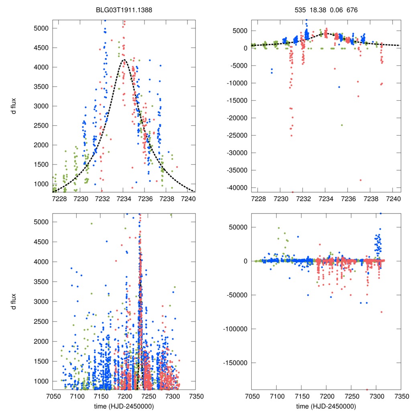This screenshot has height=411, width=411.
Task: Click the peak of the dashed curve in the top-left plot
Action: [124, 60]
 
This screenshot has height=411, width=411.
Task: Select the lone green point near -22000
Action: [342, 125]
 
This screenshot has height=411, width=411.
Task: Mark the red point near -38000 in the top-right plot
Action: [360, 180]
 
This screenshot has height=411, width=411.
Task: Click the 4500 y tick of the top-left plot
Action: [41, 48]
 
